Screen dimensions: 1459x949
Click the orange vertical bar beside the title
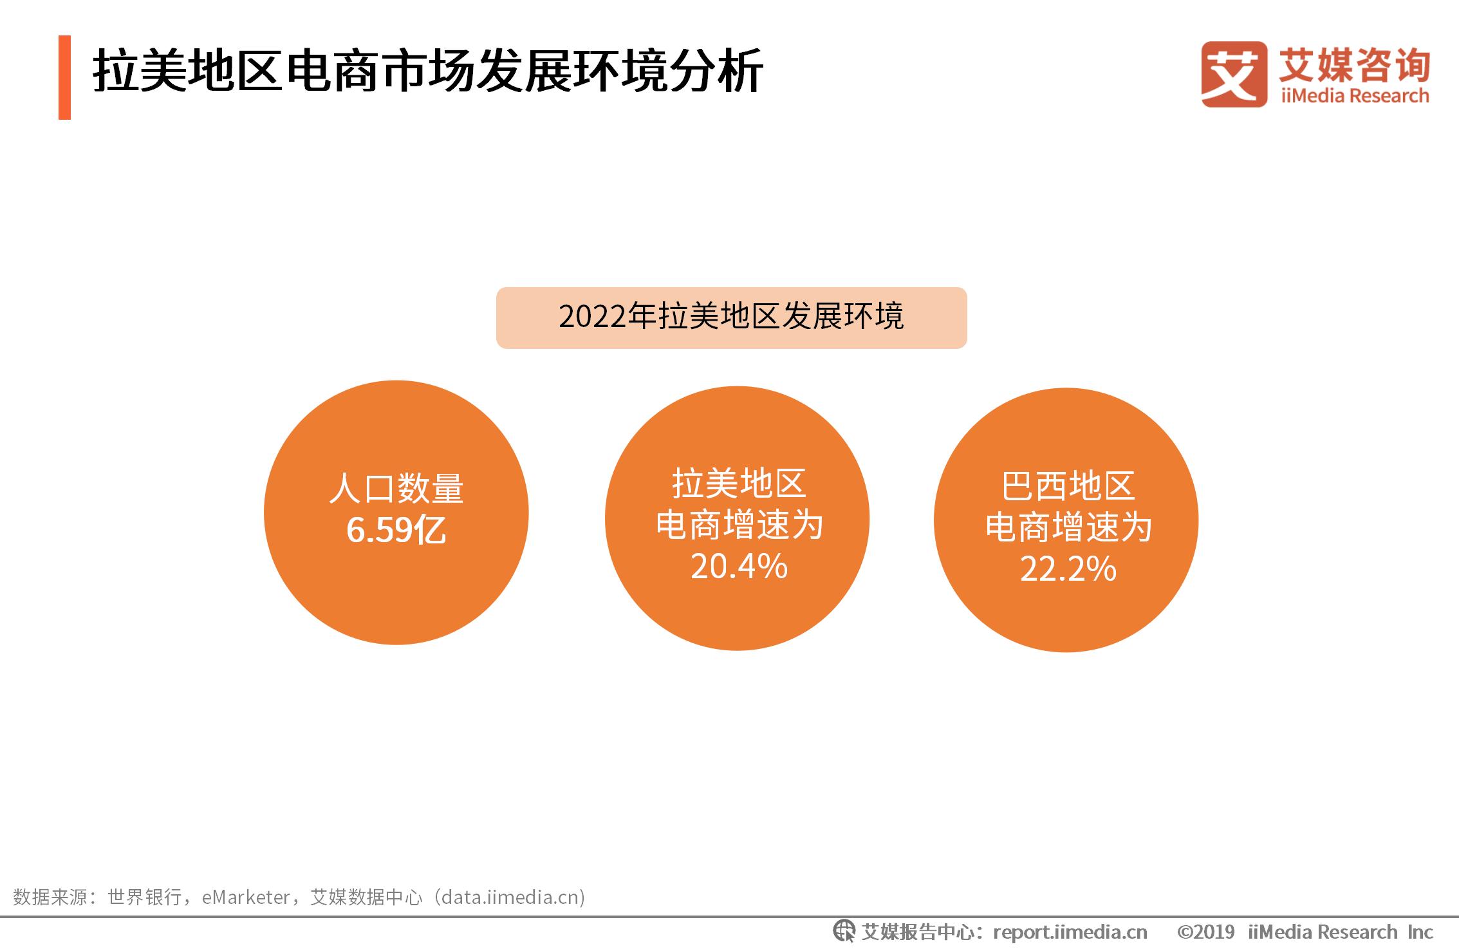coord(64,77)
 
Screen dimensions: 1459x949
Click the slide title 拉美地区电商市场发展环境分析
coord(428,71)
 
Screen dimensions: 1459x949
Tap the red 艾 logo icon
coord(1234,74)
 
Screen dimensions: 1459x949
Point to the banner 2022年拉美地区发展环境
coord(731,317)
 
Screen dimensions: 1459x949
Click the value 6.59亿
coord(396,531)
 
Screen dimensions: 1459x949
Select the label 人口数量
coord(396,488)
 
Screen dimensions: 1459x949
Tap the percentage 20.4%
coord(739,567)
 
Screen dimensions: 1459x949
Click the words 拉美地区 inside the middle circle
coord(739,484)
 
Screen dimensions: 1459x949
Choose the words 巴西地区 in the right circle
coord(1068,486)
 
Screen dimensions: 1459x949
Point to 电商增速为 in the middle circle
coord(739,525)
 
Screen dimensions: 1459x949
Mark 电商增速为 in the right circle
coord(1068,527)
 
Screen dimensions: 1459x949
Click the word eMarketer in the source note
coord(246,897)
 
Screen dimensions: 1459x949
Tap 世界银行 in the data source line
coord(145,897)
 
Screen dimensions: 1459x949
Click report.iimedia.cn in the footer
coord(1070,932)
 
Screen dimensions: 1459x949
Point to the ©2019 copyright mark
coord(1205,932)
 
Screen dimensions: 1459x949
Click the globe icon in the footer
coord(844,932)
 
